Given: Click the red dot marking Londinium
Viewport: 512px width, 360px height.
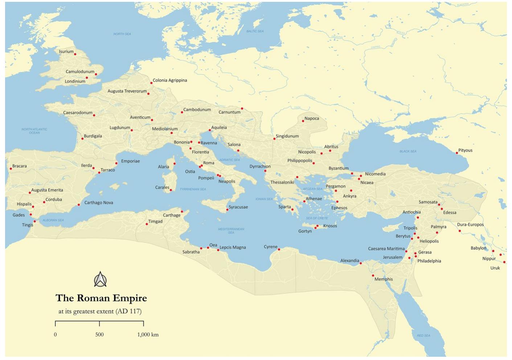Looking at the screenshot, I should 87,78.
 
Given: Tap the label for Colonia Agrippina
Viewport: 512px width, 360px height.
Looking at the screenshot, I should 170,80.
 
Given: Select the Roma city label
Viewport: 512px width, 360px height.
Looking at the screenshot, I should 209,163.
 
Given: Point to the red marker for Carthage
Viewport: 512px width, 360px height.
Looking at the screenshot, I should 182,212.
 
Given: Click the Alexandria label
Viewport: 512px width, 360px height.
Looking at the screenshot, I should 349,261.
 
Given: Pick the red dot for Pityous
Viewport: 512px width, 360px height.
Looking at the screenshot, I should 457,153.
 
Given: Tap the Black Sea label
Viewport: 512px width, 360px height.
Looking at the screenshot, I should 408,151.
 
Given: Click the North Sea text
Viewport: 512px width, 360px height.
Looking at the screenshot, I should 122,34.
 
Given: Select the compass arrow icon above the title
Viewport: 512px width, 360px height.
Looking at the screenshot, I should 100,279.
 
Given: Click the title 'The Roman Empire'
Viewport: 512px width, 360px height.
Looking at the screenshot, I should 101,298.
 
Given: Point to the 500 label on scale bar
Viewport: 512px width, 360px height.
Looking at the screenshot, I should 99,335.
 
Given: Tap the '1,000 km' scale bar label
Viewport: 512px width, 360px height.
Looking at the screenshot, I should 148,335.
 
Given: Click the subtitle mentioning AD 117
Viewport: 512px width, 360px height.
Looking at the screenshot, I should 100,311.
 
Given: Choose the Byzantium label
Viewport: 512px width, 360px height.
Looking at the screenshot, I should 339,168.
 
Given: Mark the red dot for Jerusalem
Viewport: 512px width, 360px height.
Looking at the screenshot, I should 409,258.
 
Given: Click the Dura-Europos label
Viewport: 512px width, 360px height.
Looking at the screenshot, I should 470,225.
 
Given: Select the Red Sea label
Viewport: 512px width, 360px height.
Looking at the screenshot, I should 423,336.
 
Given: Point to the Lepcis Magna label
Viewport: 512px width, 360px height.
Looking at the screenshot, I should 233,247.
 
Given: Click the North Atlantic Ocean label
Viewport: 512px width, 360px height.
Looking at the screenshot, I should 34,131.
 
